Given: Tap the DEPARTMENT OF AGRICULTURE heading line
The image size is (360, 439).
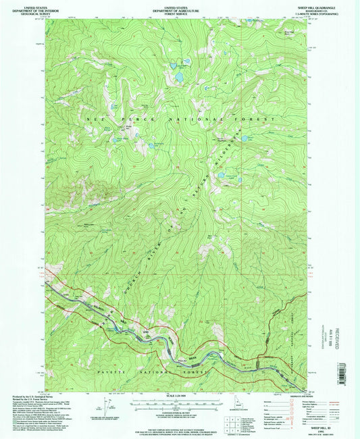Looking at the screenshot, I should click(180, 7).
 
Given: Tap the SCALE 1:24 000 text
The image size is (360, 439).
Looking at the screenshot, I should click(180, 394).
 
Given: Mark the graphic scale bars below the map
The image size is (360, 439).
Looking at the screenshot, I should click(180, 402).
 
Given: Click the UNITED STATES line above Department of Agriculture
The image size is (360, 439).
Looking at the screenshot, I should click(180, 4).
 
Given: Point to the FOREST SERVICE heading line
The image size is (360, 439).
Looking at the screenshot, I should click(180, 11).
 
